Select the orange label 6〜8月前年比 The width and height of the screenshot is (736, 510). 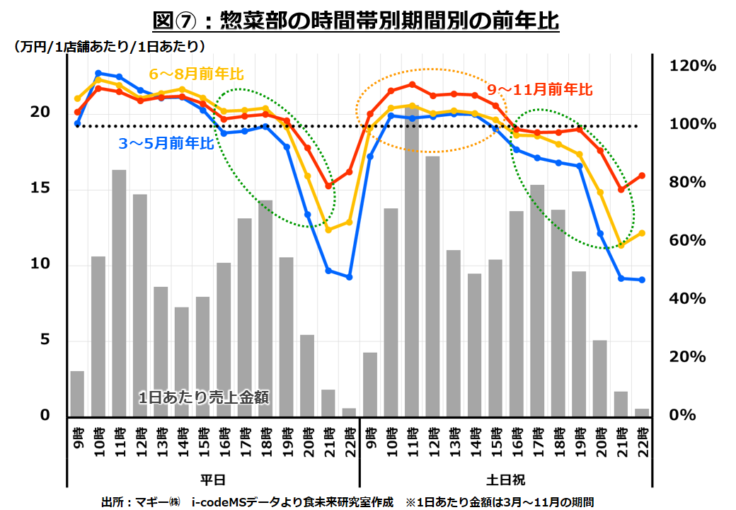(196, 74)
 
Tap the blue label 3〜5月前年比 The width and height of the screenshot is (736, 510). (166, 144)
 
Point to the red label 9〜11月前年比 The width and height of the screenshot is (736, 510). (540, 90)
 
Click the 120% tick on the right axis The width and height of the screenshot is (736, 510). (693, 66)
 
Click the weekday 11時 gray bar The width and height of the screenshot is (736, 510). (119, 293)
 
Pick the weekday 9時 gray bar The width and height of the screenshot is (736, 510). (77, 394)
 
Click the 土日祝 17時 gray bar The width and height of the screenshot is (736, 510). (537, 301)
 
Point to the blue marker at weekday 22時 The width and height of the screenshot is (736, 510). (349, 277)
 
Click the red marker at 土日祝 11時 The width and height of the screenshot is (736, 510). (411, 84)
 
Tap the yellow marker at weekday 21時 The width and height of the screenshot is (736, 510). (328, 229)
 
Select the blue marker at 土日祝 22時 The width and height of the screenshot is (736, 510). (642, 280)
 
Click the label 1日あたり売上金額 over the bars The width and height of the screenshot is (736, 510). (204, 397)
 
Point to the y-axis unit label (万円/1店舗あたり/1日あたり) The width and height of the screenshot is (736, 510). (109, 47)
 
